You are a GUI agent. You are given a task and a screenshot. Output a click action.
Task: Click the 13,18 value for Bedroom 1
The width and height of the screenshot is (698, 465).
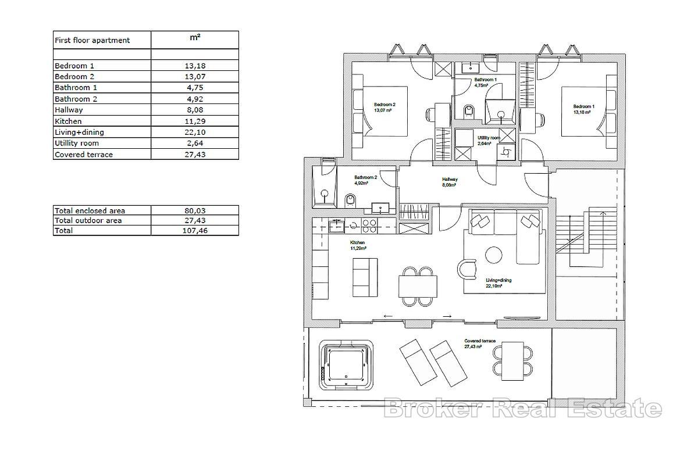tap(195, 66)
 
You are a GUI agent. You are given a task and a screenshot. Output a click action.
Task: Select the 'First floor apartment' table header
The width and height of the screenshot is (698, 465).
tap(92, 40)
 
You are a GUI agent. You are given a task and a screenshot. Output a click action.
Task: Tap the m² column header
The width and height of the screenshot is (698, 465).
tap(195, 38)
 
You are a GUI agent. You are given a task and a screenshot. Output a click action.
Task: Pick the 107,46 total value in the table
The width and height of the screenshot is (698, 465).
tap(195, 231)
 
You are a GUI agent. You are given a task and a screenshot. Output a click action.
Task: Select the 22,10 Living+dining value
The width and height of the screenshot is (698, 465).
tap(195, 132)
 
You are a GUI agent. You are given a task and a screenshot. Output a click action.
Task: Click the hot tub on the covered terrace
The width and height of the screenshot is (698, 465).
tap(346, 365)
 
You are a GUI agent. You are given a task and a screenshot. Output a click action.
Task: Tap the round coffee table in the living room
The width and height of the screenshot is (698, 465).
tap(494, 255)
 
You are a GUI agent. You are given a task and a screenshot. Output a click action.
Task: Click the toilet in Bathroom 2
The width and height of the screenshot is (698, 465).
tap(350, 201)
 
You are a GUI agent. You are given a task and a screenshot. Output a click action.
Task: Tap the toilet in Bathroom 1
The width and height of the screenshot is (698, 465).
tap(468, 111)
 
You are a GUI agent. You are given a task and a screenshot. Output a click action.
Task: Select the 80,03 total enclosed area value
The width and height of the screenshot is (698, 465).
tap(195, 210)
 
